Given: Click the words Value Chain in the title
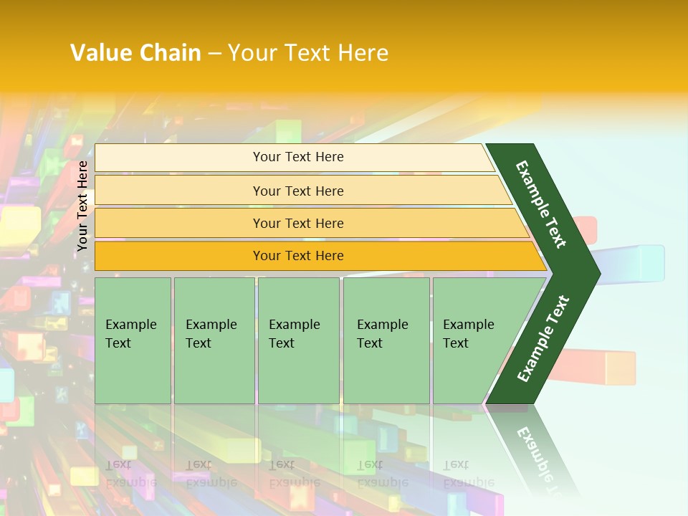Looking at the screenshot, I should (x=135, y=53).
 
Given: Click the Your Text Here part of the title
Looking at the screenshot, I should (x=308, y=53).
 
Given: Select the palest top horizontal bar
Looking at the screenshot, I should (x=297, y=157).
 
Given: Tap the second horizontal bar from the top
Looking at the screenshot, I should (x=297, y=191).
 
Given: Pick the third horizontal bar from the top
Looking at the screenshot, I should (x=297, y=223).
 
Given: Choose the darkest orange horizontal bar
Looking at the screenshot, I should (x=297, y=256).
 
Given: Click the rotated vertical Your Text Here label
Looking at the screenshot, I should (x=82, y=206).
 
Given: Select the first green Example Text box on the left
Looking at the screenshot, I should (x=133, y=340).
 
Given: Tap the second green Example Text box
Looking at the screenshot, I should (x=214, y=340).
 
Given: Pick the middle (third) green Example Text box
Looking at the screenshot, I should (x=298, y=340).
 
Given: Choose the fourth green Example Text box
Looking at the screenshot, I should (x=386, y=340).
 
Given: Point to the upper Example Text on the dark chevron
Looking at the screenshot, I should (x=540, y=204).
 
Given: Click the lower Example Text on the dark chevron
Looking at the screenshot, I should (x=543, y=339).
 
